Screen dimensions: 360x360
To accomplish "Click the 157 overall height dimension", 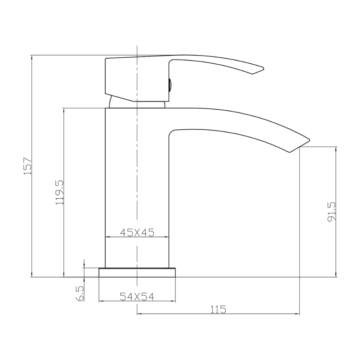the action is pos(27,166).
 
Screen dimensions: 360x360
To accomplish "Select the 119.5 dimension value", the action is pos(59,192).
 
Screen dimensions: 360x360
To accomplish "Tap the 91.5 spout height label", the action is pos(332,212).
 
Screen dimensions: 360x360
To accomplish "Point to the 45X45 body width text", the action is pos(137,233).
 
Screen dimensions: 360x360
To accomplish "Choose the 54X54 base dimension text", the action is pos(137,297).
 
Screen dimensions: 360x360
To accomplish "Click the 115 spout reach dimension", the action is pos(218,309).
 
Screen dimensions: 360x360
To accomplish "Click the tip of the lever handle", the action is pos(263,69).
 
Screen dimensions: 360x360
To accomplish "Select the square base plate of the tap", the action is pos(137,272).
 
